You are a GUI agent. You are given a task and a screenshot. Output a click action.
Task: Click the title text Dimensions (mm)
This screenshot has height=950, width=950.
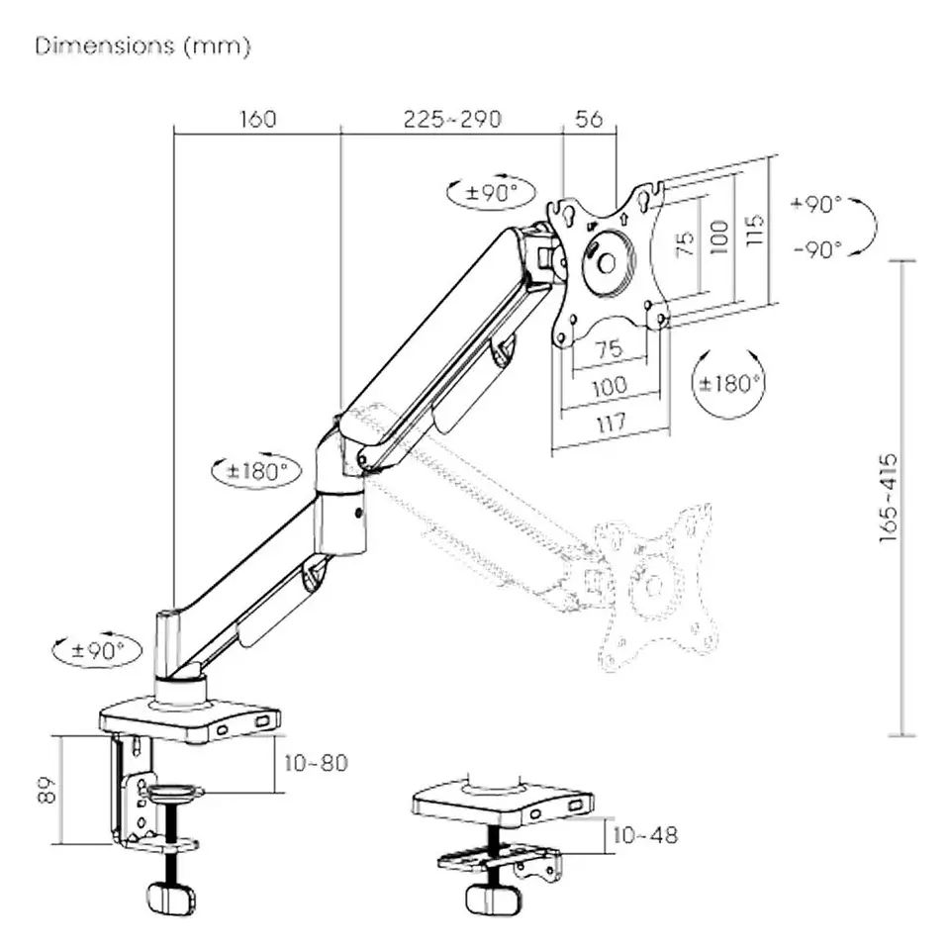(143, 47)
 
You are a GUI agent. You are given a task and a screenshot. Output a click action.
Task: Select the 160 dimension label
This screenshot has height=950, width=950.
(257, 119)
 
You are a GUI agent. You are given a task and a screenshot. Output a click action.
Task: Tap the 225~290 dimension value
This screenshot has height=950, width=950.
(452, 119)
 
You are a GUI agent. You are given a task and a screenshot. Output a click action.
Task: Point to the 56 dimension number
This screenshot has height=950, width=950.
(589, 119)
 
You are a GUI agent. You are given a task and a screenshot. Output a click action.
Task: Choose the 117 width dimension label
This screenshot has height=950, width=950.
(611, 423)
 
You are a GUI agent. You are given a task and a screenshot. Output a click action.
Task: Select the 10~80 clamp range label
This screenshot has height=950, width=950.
(316, 763)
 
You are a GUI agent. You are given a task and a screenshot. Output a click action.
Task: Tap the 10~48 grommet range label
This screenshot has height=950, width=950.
(643, 834)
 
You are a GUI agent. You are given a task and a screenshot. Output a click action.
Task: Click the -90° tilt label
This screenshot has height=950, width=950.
(816, 248)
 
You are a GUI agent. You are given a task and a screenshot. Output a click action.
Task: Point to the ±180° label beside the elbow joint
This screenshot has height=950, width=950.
(256, 471)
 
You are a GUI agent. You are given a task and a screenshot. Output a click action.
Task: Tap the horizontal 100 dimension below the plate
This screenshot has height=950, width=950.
(609, 387)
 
